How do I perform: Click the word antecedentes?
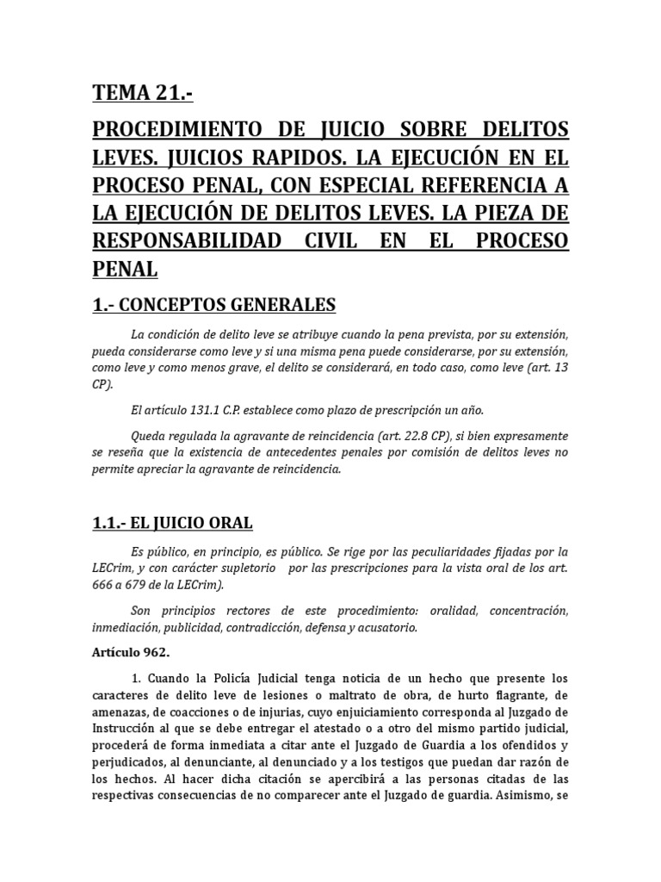[x=295, y=451]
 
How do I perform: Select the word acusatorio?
[x=387, y=627]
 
